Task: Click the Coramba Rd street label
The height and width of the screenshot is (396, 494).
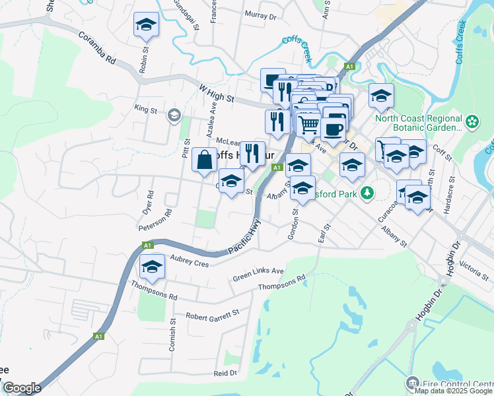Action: (x=97, y=49)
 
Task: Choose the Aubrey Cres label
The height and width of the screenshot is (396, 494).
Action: (x=189, y=262)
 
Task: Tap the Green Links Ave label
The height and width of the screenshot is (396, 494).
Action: (x=258, y=275)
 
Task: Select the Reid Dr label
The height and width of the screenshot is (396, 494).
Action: (x=225, y=373)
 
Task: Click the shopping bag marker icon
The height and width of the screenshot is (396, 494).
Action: (x=205, y=159)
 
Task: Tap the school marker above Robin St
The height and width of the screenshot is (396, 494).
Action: (x=146, y=26)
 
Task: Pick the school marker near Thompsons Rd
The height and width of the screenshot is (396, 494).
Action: (x=152, y=267)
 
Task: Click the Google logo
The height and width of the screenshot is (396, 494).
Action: (x=22, y=388)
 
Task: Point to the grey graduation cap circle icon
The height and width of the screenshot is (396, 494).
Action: (x=174, y=115)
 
